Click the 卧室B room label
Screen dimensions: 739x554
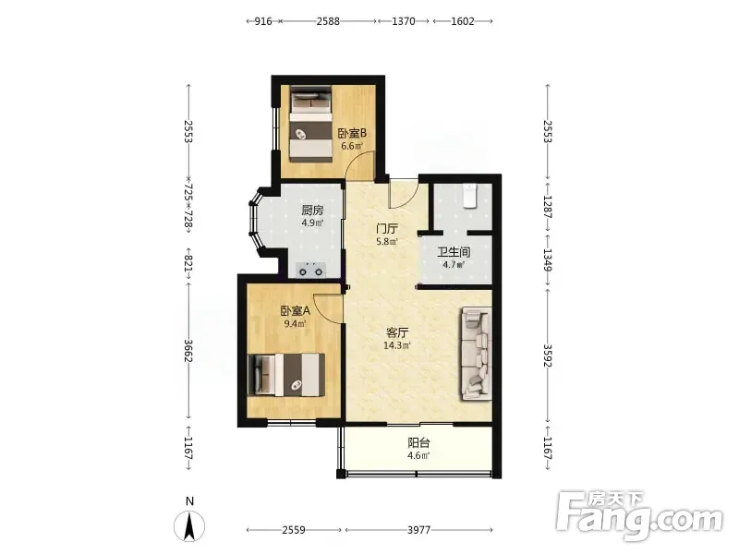coord(352,133)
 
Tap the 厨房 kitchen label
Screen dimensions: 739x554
coord(312,211)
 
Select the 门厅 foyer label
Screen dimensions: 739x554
coord(386,229)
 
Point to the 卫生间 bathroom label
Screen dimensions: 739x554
coord(454,252)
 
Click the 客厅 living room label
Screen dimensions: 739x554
coord(397,332)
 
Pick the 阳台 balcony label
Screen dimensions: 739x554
coord(418,443)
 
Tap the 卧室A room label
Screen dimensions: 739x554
coord(296,311)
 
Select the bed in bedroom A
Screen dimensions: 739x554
coord(286,375)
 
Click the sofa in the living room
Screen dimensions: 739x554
coord(477,354)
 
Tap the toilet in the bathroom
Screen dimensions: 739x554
coord(470,196)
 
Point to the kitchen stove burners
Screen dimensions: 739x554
coord(311,271)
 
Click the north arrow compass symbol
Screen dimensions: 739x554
coord(189,525)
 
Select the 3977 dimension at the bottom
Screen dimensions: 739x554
coord(419,530)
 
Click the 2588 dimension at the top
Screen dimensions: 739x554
coord(328,21)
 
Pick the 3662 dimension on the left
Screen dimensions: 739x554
coord(188,351)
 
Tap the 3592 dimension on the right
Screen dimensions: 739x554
coord(547,355)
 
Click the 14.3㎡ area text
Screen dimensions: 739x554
coord(397,344)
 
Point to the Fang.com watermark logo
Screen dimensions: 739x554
coord(639,517)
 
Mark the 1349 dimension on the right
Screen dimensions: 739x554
coord(547,260)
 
